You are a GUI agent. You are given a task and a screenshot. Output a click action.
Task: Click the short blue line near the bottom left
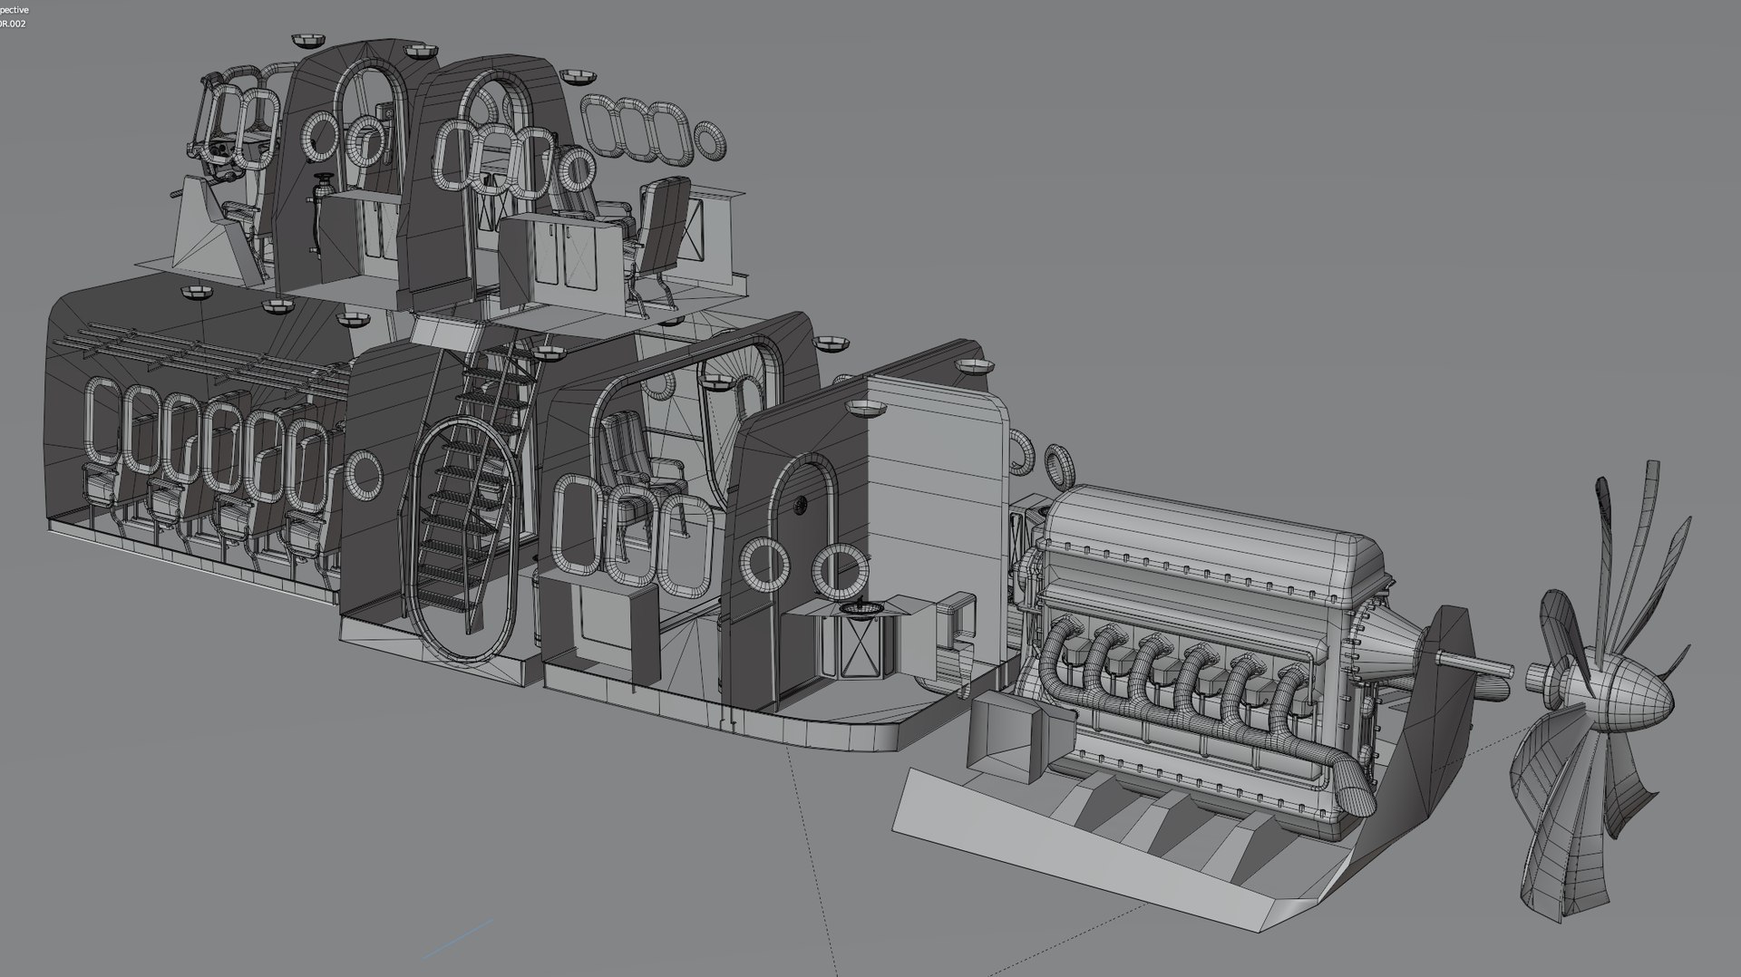tap(458, 938)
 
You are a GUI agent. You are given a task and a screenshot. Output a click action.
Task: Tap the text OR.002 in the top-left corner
tap(13, 23)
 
